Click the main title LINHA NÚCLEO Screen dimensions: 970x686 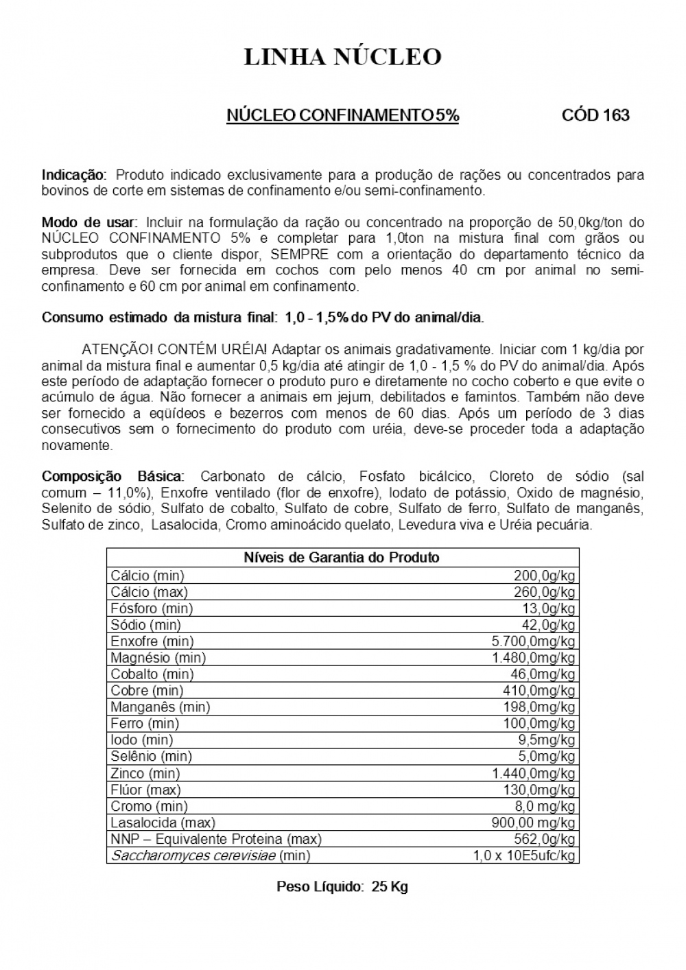pos(342,57)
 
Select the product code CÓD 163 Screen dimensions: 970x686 pos(595,115)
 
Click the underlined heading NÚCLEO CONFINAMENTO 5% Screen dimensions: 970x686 pos(342,115)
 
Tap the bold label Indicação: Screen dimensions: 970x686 pos(74,174)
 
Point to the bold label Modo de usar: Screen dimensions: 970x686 pos(90,222)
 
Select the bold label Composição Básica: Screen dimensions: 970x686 pos(113,476)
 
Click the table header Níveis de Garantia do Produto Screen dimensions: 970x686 pos(342,557)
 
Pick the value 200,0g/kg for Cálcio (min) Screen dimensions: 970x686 pos(544,576)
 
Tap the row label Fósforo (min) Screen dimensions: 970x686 pos(152,608)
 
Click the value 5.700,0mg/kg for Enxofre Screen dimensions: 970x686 pos(533,641)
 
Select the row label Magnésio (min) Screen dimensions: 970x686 pos(158,658)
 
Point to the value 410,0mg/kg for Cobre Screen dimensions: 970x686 pos(539,691)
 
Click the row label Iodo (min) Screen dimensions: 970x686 pos(141,740)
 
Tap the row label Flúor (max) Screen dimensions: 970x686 pos(145,790)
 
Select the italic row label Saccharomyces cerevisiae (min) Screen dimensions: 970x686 pos(210,855)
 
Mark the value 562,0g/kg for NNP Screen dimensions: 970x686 pos(544,839)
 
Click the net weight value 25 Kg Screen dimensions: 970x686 pos(390,886)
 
